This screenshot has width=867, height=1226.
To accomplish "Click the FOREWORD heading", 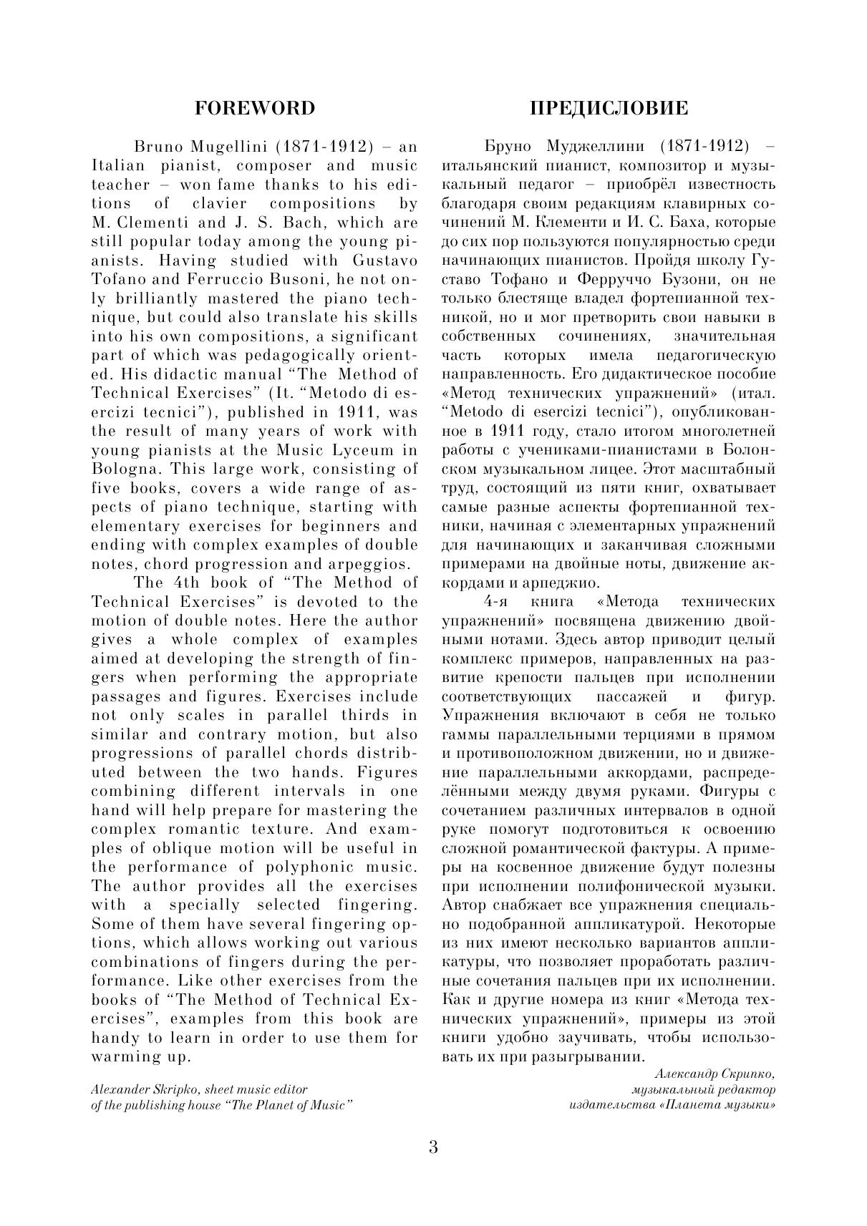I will pos(255,108).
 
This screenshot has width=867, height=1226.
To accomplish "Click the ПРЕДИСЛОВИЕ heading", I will pos(609,108).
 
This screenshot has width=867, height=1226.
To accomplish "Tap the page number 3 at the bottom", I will pos(433,1147).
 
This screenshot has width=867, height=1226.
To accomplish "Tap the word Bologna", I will pos(120,469).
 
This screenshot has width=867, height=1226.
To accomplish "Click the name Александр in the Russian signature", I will pos(687,1074).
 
